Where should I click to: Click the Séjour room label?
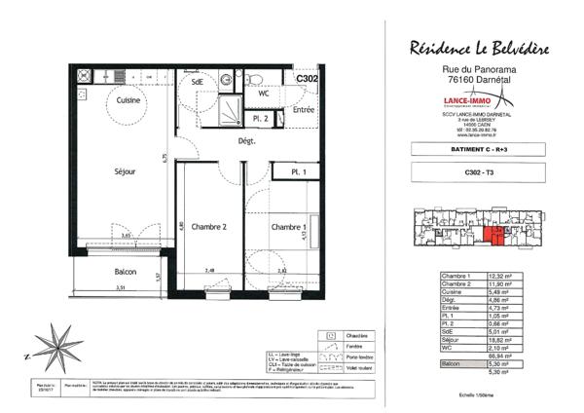tap(125, 172)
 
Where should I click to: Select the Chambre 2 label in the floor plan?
tap(209, 227)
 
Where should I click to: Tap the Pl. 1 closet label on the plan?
tap(298, 172)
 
